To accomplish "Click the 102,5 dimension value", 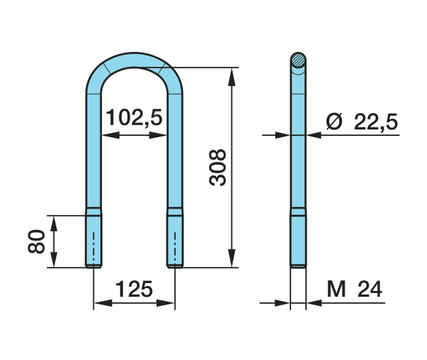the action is (x=134, y=117).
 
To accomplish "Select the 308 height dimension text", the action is (x=218, y=167).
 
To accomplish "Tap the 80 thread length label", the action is (x=36, y=242).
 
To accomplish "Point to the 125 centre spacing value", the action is (x=135, y=289).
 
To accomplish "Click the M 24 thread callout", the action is (x=354, y=289).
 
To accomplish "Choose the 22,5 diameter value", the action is (x=376, y=122).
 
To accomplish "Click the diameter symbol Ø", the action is (x=334, y=122).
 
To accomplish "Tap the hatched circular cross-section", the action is (x=298, y=60).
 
